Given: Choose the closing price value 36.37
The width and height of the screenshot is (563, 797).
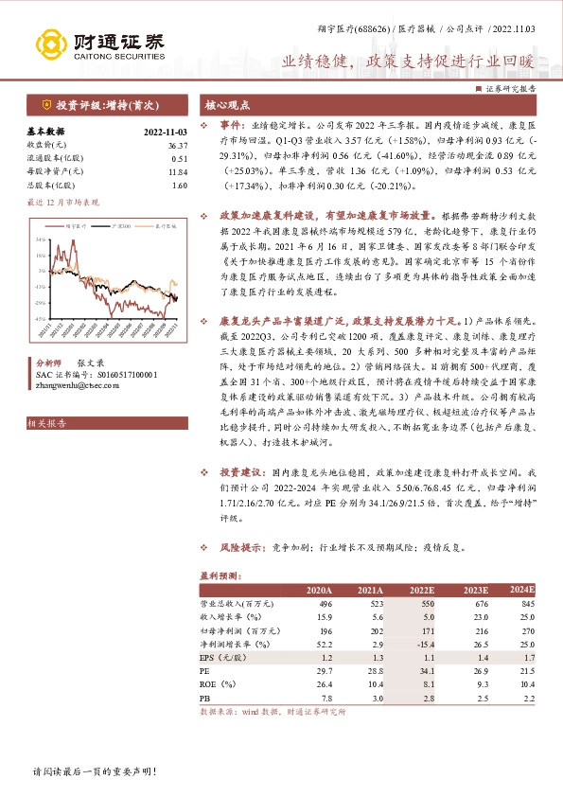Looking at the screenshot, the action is (177, 145).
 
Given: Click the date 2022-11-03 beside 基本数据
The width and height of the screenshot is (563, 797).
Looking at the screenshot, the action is (166, 133).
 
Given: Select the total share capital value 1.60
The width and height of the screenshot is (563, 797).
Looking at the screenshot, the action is (180, 185).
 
